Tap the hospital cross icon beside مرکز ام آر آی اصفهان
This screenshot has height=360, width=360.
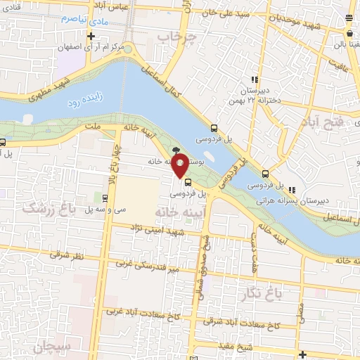coord(90,35)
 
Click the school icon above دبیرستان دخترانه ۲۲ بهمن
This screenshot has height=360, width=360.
coord(255,80)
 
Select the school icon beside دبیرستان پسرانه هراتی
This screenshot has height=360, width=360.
coord(291,188)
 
